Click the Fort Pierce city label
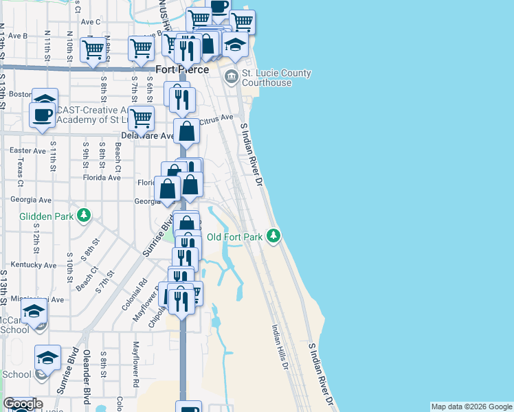[x=182, y=69]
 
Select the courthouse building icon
[x=232, y=76]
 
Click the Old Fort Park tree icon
[x=274, y=237]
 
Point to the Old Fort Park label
[x=235, y=238]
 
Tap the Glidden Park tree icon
[x=84, y=216]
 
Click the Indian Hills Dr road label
[x=278, y=347]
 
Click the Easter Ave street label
[x=28, y=150]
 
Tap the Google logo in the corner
[x=23, y=404]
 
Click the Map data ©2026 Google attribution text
[x=471, y=407]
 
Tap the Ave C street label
[x=91, y=21]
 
